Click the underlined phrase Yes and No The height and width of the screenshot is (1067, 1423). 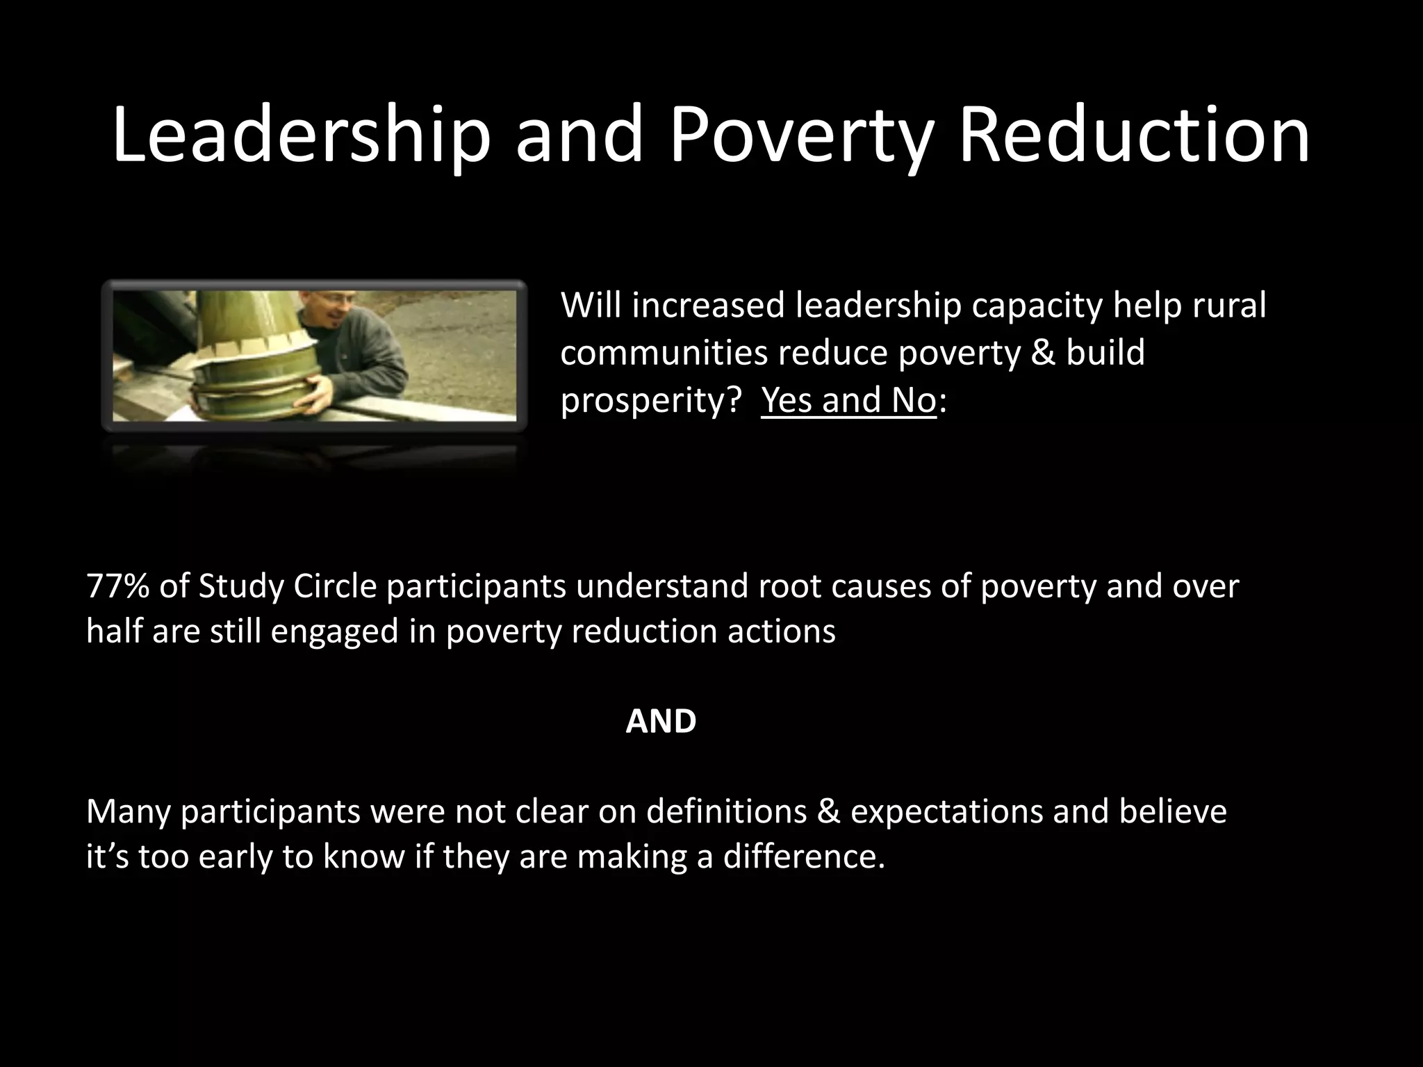(848, 400)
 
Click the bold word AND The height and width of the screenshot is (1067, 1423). (661, 722)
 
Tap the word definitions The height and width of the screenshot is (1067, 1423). (726, 811)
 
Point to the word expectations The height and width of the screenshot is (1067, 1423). (946, 811)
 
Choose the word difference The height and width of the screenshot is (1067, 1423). (804, 857)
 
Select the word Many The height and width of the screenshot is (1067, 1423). (128, 811)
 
